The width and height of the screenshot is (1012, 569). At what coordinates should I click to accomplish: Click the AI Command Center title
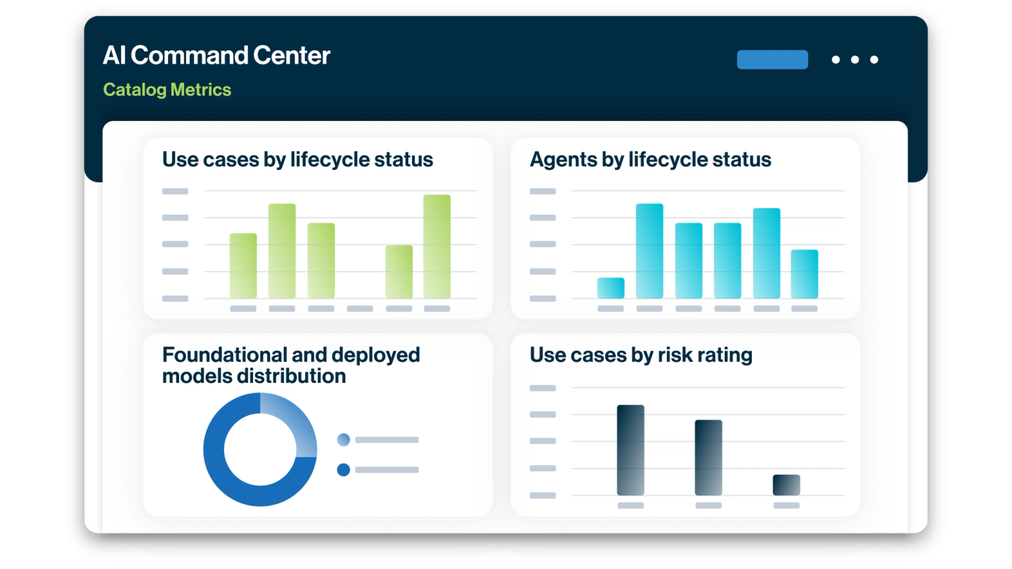pyautogui.click(x=216, y=55)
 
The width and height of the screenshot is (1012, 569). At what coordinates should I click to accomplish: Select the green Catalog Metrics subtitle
pyautogui.click(x=167, y=90)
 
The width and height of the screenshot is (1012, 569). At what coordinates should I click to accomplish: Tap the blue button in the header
pyautogui.click(x=772, y=60)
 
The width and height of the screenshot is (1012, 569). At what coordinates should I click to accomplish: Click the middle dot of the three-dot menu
pyautogui.click(x=855, y=60)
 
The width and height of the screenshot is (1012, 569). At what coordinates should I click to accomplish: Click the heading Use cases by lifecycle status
pyautogui.click(x=297, y=159)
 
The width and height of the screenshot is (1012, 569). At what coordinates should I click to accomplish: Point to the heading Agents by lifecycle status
pyautogui.click(x=650, y=159)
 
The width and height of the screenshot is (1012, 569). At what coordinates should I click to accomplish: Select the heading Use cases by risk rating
pyautogui.click(x=641, y=355)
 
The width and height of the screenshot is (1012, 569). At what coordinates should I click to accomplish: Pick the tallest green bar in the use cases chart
pyautogui.click(x=436, y=247)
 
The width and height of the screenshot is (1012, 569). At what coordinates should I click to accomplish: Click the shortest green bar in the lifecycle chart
pyautogui.click(x=398, y=272)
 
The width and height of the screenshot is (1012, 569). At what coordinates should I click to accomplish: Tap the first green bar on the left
pyautogui.click(x=243, y=266)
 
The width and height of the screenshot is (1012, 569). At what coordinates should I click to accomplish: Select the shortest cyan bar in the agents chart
pyautogui.click(x=611, y=288)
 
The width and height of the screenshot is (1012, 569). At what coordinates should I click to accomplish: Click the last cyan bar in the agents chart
pyautogui.click(x=804, y=274)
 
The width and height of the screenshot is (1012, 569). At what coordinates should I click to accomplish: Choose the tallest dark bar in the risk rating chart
pyautogui.click(x=630, y=450)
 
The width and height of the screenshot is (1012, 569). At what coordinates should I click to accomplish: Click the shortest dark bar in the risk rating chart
pyautogui.click(x=786, y=485)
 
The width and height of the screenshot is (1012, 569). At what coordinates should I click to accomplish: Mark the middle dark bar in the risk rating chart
pyautogui.click(x=708, y=457)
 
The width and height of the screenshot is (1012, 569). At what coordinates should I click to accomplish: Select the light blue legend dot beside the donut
pyautogui.click(x=344, y=440)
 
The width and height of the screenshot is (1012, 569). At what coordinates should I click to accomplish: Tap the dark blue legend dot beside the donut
pyautogui.click(x=344, y=470)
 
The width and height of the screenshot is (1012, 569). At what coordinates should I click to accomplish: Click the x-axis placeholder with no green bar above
pyautogui.click(x=360, y=308)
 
